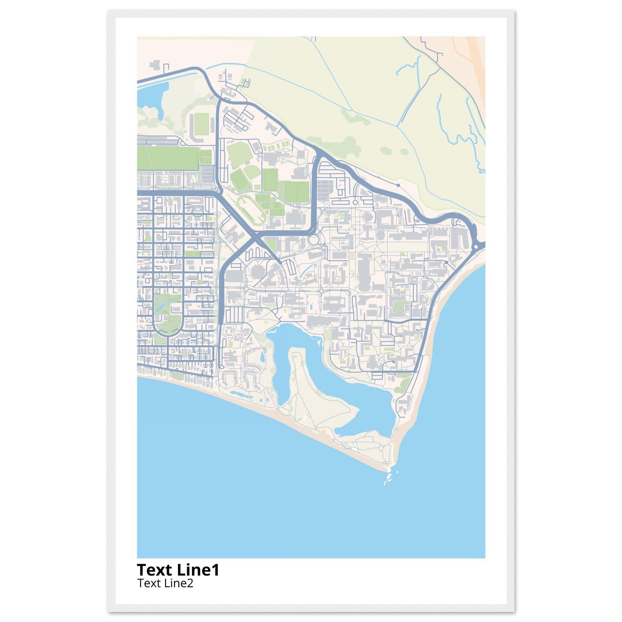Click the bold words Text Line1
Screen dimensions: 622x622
point(178,570)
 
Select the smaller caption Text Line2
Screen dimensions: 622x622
point(165,583)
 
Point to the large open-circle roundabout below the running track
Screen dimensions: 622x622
point(313,240)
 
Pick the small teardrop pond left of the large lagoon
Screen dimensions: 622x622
point(262,356)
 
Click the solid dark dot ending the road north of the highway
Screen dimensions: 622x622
point(398,185)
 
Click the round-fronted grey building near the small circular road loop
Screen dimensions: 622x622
point(367,216)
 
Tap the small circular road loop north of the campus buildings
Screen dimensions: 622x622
point(355,203)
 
